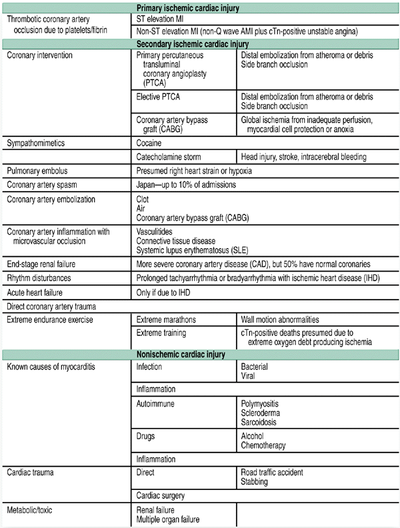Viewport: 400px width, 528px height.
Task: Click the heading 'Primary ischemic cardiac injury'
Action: [199, 8]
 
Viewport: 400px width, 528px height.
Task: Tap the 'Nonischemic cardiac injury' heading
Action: [199, 354]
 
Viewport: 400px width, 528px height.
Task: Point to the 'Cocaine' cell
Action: [151, 143]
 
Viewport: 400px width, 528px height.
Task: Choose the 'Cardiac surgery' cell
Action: [161, 495]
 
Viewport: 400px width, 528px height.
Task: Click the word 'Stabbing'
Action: [255, 481]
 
